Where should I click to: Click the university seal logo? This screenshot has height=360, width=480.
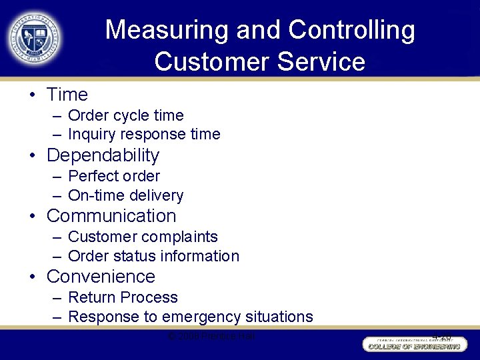coord(36,36)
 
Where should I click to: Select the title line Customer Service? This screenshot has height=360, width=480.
coord(260,62)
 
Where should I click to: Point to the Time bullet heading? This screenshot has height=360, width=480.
coord(67,95)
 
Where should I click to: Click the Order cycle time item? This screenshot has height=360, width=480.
coord(126,115)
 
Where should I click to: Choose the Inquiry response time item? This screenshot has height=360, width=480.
coord(144,134)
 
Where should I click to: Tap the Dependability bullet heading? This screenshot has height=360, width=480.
coord(103,155)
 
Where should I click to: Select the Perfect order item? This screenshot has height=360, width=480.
coord(114,176)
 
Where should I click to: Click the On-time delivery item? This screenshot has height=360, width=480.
coord(126,195)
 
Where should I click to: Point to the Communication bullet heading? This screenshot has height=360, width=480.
coord(111,216)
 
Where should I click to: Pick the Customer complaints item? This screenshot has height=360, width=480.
coord(143,237)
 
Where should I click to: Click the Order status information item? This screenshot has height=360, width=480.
coord(153,256)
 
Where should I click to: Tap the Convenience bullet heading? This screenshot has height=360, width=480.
coord(101,277)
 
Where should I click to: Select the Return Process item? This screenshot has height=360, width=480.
coord(123,297)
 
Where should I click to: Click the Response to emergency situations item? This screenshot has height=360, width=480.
coord(191,317)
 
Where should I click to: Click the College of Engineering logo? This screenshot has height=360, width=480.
coord(413,344)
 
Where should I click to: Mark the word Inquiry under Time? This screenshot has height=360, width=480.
coord(91,134)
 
